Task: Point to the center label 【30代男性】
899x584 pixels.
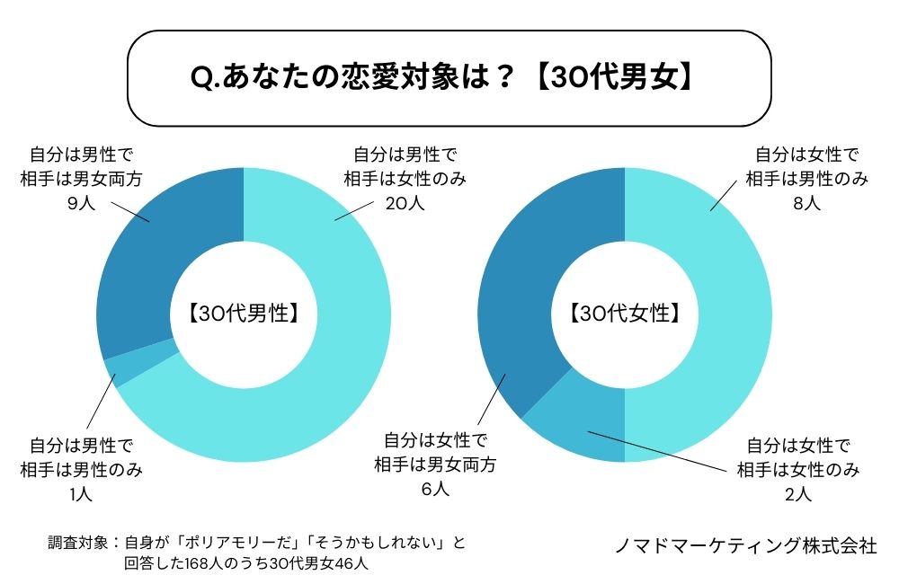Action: tap(244, 314)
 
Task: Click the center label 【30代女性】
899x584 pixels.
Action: tap(624, 314)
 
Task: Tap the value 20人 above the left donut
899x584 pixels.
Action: tap(405, 203)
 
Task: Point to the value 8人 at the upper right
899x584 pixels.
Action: tap(807, 203)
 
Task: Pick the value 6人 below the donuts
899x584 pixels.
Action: tap(435, 490)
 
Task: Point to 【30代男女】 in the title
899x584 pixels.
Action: tap(615, 78)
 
